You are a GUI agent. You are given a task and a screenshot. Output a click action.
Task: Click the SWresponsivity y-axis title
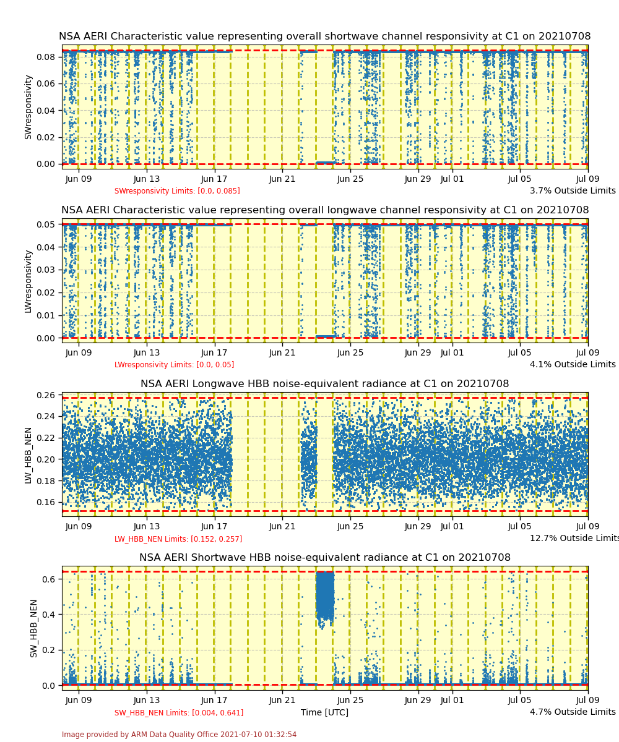tap(28, 106)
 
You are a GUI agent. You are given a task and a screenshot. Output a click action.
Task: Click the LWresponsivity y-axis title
tap(28, 281)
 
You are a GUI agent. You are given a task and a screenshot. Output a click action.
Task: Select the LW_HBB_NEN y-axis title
tap(28, 454)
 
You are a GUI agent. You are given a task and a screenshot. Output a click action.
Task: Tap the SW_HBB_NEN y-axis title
tap(33, 628)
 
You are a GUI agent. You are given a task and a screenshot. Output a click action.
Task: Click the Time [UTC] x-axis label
tap(324, 712)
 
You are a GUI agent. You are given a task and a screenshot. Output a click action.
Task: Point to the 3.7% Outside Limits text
tap(573, 190)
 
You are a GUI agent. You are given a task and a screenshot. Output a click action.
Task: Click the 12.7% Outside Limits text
tap(574, 538)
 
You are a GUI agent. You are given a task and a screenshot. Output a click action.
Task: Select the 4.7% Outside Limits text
tap(573, 712)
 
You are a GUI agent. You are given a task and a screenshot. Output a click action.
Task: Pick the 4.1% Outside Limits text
tap(573, 364)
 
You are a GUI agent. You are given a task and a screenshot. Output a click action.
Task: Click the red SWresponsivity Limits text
tap(177, 191)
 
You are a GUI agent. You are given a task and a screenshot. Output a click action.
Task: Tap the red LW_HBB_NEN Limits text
tap(178, 539)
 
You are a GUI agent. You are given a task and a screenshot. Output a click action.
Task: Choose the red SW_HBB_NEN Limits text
tap(179, 713)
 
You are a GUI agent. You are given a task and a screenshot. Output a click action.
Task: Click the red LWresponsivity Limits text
tap(174, 365)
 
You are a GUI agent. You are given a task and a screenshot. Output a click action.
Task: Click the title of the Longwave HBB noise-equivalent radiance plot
tap(324, 384)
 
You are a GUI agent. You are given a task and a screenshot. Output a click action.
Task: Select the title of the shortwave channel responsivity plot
tap(324, 36)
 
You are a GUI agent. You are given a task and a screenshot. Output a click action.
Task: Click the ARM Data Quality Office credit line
tap(179, 735)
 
